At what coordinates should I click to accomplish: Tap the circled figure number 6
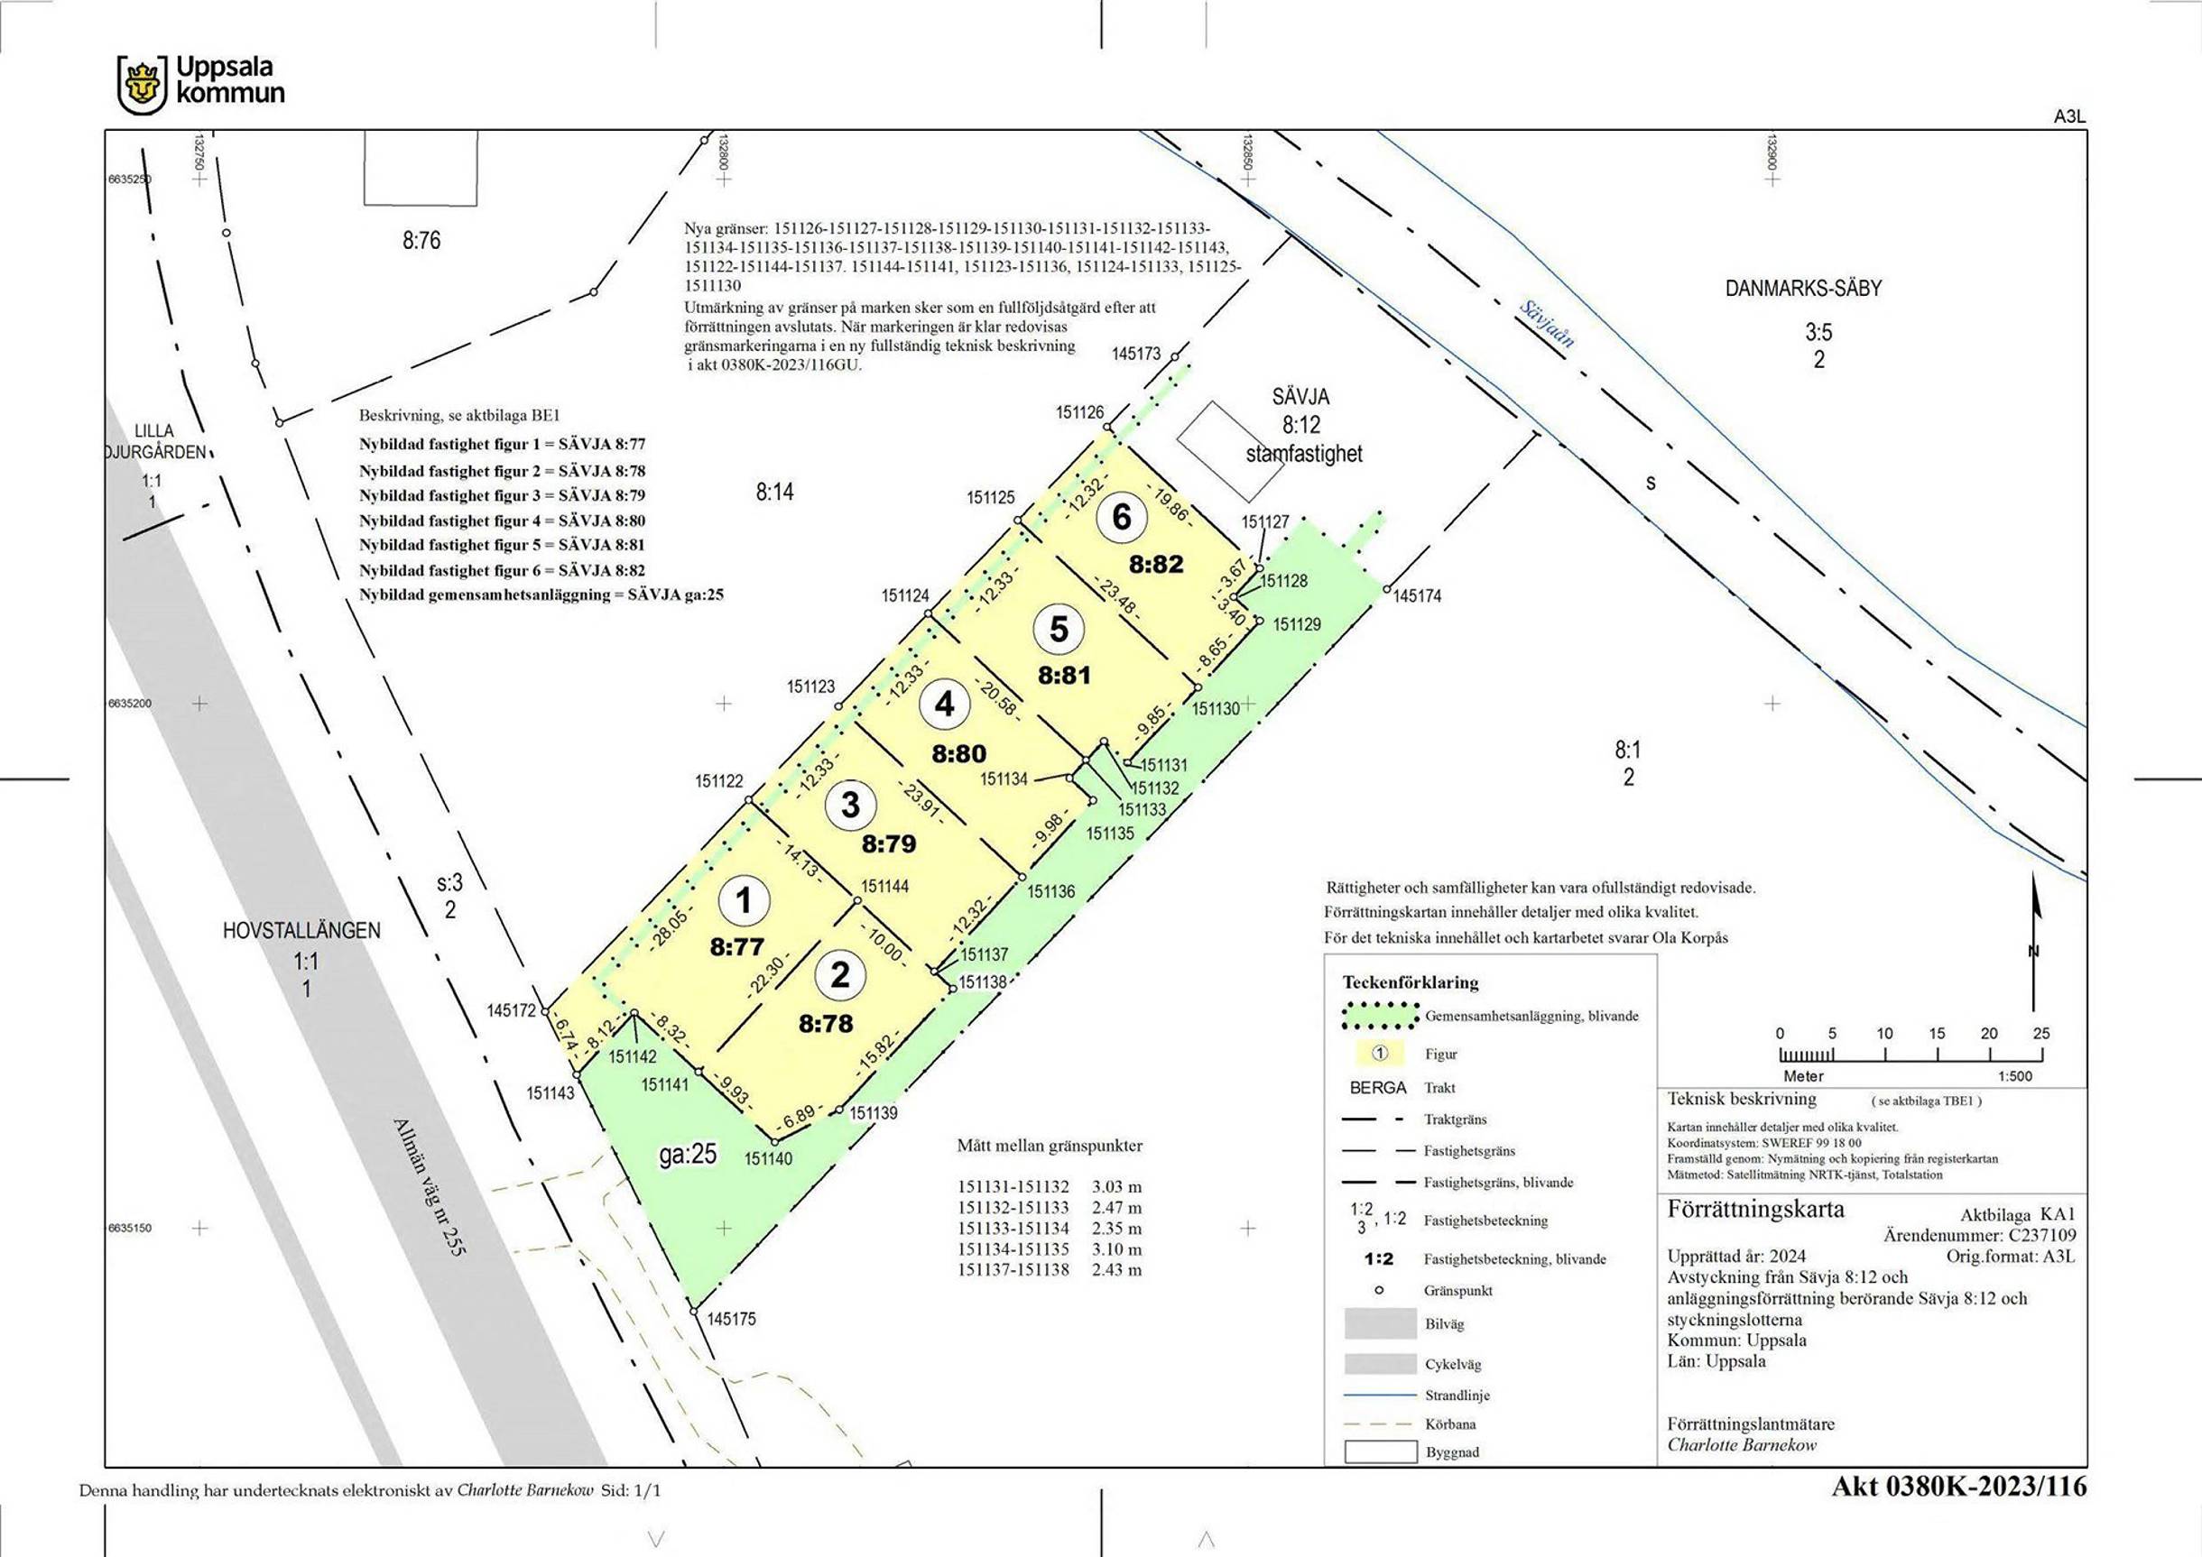pos(1121,518)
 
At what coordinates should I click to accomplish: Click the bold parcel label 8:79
pos(889,844)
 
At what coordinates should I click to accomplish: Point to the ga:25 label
pos(689,1155)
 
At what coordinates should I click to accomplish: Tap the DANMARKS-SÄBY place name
pos(1804,288)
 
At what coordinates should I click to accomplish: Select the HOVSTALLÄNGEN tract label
pos(302,930)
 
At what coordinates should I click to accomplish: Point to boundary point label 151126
pos(1080,412)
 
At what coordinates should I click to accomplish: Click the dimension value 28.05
pos(669,929)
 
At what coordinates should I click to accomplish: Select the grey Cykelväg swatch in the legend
pos(1380,1363)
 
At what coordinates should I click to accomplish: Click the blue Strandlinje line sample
pos(1380,1395)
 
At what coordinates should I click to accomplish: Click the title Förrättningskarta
pos(1755,1209)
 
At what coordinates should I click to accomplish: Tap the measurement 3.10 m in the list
pos(1116,1249)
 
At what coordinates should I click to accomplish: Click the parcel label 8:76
pos(421,241)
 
